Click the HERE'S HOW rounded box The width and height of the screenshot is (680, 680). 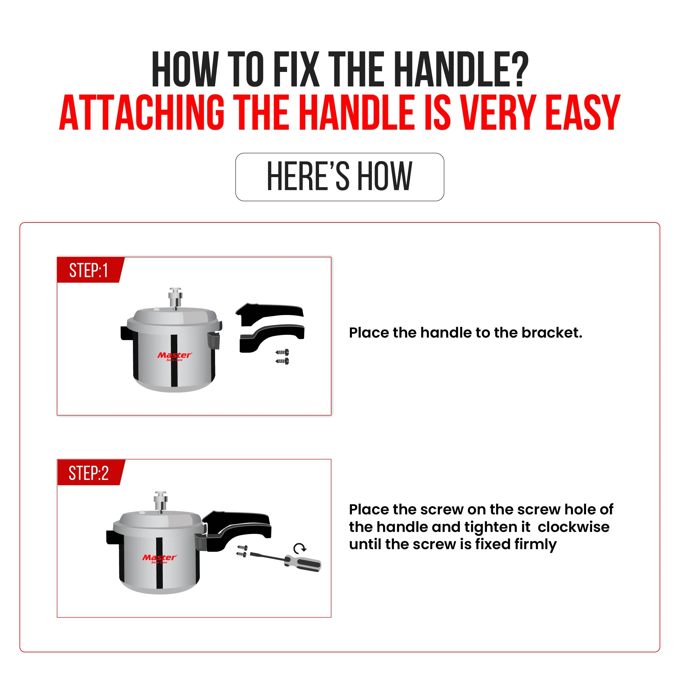pyautogui.click(x=340, y=177)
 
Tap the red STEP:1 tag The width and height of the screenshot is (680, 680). pyautogui.click(x=89, y=270)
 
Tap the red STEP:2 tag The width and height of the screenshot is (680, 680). pyautogui.click(x=89, y=473)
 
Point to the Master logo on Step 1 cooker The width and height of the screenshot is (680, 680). pyautogui.click(x=175, y=356)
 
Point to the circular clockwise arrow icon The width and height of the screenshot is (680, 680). pyautogui.click(x=300, y=548)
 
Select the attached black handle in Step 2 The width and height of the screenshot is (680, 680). pyautogui.click(x=239, y=528)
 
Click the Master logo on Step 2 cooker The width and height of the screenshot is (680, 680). pyautogui.click(x=160, y=558)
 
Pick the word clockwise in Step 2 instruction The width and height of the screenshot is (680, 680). pyautogui.click(x=573, y=527)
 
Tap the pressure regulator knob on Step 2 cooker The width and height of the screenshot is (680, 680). pyautogui.click(x=160, y=500)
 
